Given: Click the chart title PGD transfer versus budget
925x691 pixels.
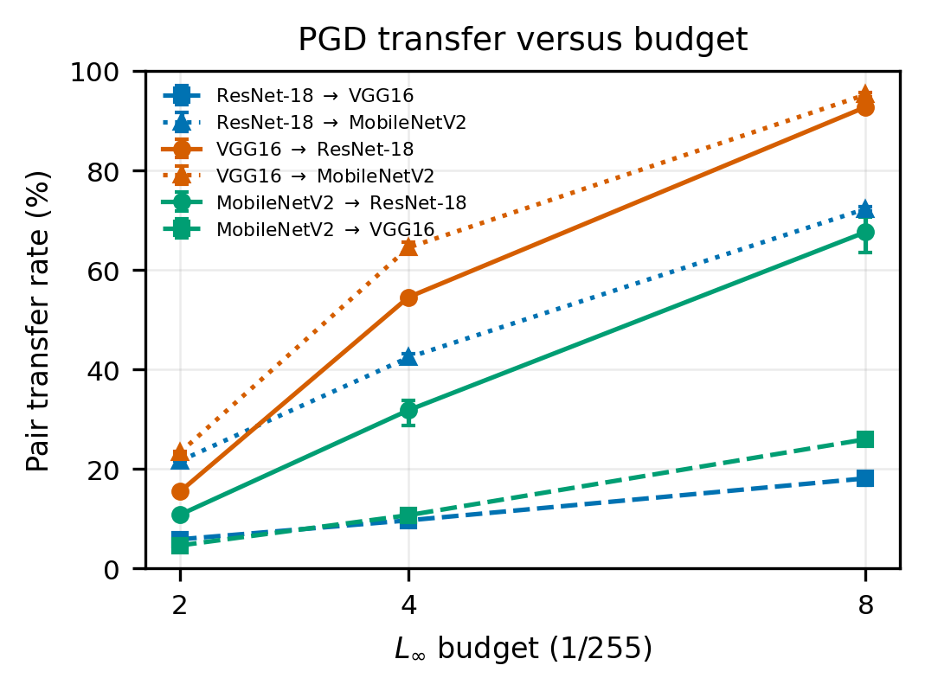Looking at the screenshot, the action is pyautogui.click(x=523, y=40).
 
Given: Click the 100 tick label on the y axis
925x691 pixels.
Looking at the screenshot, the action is pyautogui.click(x=94, y=72).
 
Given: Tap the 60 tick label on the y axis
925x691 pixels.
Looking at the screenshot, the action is pyautogui.click(x=103, y=271).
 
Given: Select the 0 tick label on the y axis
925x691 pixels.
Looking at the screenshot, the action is pyautogui.click(x=111, y=570).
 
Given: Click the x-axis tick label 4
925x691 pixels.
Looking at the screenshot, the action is pyautogui.click(x=408, y=605).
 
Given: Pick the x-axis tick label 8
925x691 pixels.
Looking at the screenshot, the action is pyautogui.click(x=864, y=605).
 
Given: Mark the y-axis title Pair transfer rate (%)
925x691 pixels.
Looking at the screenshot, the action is pyautogui.click(x=38, y=322).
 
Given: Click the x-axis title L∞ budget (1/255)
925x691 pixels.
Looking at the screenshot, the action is pyautogui.click(x=524, y=649).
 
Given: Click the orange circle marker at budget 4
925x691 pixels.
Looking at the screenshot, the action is pyautogui.click(x=408, y=298).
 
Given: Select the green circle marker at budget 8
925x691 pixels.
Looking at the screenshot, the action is pyautogui.click(x=864, y=233).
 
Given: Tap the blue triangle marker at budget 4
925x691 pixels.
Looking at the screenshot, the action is pyautogui.click(x=408, y=356).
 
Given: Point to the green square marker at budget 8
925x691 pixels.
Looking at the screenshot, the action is pyautogui.click(x=864, y=439).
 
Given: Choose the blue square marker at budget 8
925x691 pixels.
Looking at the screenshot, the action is pyautogui.click(x=864, y=478).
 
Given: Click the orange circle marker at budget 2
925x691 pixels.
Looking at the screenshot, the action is pyautogui.click(x=180, y=491).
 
